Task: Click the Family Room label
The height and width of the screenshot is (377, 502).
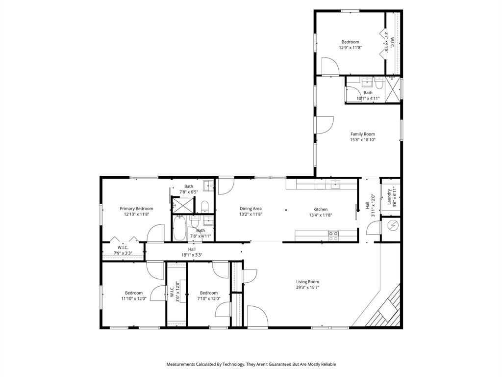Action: [x=362, y=134]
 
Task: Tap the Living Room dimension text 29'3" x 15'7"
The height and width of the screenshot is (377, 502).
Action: [x=307, y=288]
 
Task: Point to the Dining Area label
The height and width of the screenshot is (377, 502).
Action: [x=251, y=209]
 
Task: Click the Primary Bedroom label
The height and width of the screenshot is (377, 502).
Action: [x=136, y=209]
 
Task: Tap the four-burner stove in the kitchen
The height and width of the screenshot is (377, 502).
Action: [x=333, y=236]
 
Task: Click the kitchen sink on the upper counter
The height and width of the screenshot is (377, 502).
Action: [x=335, y=184]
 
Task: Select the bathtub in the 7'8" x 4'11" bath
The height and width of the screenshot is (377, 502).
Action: [x=180, y=229]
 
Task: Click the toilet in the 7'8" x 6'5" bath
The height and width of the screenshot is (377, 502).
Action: [x=205, y=205]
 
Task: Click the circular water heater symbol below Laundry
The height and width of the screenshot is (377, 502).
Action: [x=393, y=225]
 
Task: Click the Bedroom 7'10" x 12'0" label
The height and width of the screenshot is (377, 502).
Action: [x=208, y=296]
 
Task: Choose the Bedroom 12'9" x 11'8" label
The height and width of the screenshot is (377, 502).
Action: [x=350, y=45]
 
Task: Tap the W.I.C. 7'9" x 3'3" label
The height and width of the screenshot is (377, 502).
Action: [x=123, y=250]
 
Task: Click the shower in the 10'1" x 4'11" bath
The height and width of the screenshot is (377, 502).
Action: [x=392, y=90]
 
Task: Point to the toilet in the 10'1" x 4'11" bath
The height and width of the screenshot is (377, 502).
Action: [x=379, y=82]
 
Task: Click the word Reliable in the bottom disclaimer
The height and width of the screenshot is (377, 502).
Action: [x=327, y=364]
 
